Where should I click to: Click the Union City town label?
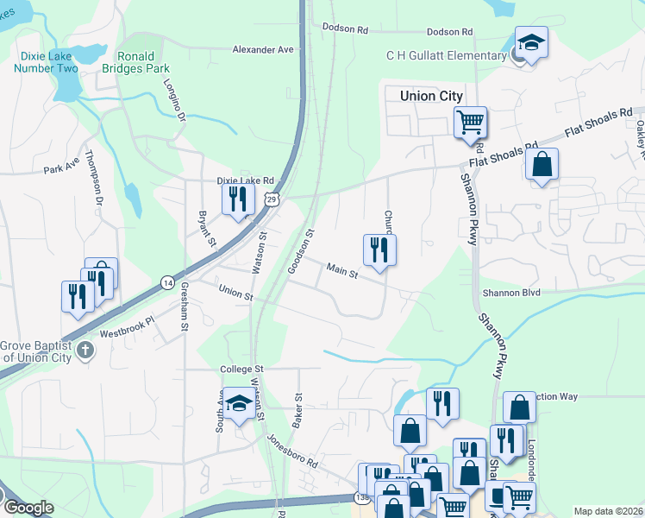click(431, 96)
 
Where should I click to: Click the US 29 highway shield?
click(272, 199)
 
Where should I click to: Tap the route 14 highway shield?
click(167, 282)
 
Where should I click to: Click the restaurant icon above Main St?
click(379, 250)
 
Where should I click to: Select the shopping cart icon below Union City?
click(470, 122)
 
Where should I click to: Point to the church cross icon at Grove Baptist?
click(85, 351)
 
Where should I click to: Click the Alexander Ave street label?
click(263, 50)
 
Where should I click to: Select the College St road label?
click(241, 370)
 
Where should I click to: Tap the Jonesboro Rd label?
click(292, 451)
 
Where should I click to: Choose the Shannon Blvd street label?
click(511, 293)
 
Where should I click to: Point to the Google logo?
click(28, 508)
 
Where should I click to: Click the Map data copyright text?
click(607, 511)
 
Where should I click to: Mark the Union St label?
click(236, 295)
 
